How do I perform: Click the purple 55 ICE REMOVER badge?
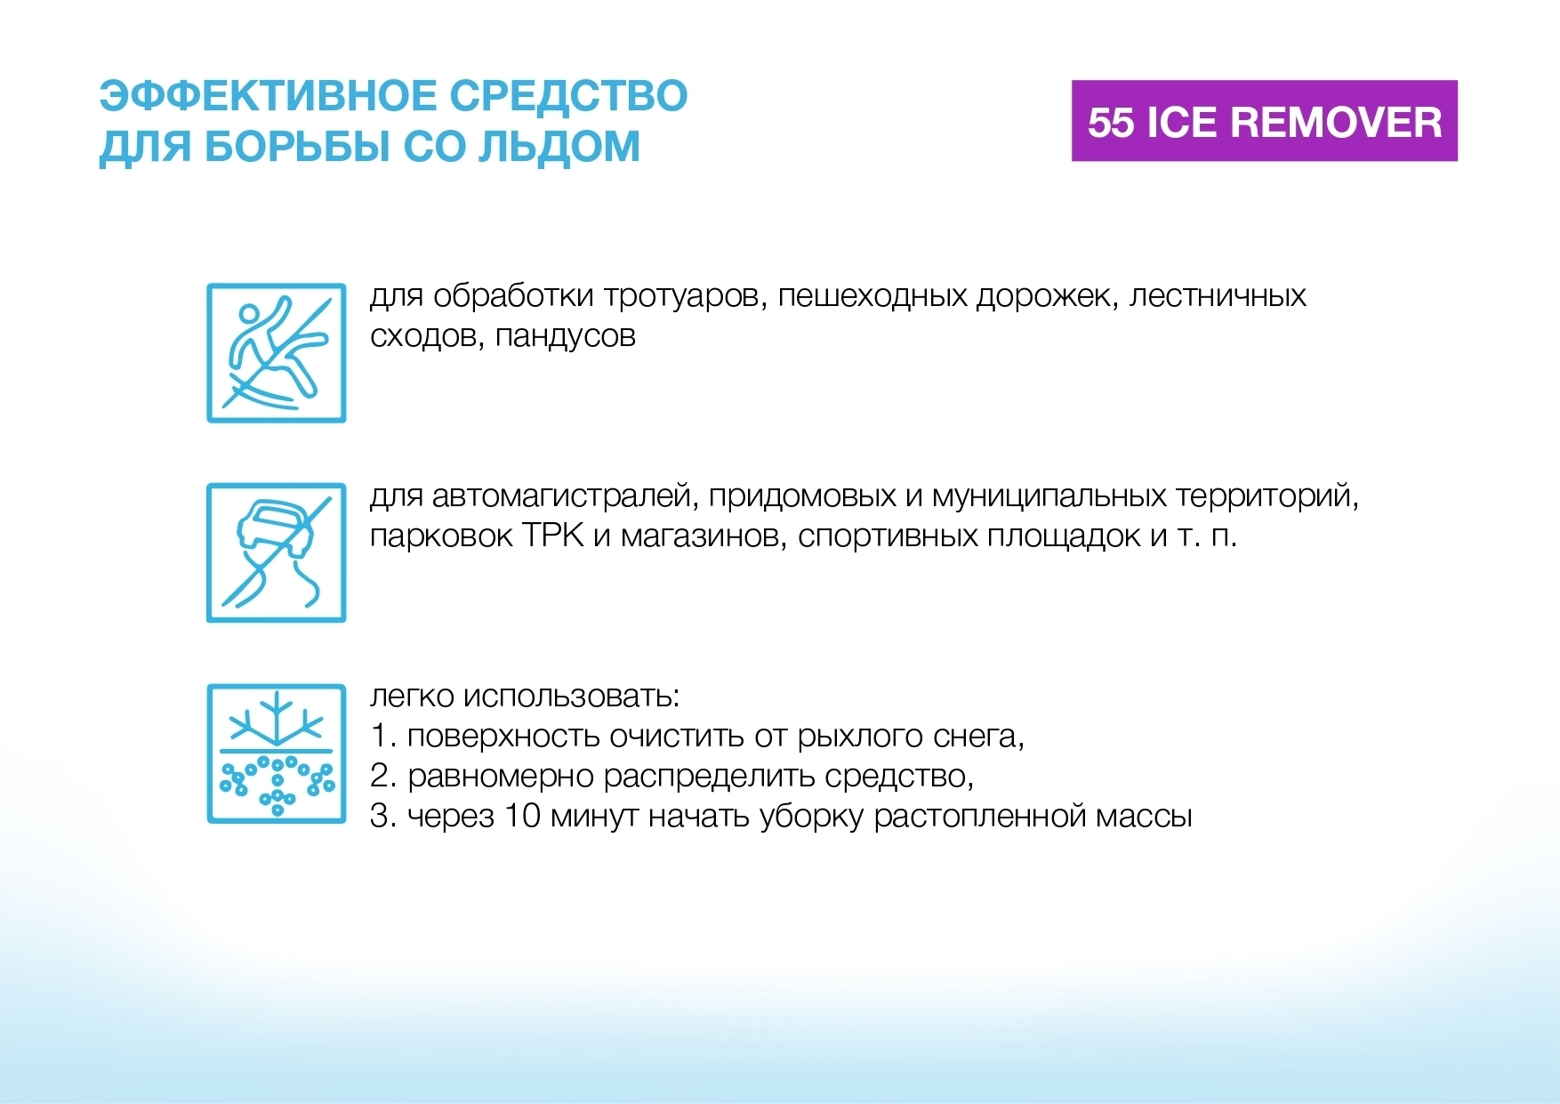1264,121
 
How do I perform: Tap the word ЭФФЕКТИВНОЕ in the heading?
268,96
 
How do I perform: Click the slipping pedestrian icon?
277,353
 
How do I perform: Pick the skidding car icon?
277,553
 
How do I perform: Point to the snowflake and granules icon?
277,753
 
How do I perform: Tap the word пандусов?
565,337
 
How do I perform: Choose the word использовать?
571,697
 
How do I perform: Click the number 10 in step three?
522,816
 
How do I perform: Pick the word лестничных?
1218,296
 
